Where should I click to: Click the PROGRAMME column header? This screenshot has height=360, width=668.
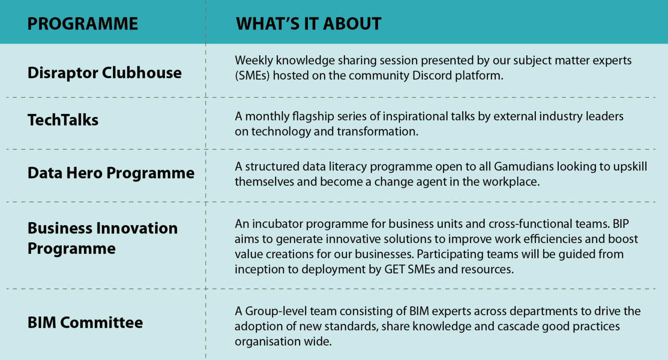coord(83,23)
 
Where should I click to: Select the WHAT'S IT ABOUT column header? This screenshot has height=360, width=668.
coord(308,23)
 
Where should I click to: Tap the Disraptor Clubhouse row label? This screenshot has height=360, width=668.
coord(104,73)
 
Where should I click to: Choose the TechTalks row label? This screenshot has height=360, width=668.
coord(63,120)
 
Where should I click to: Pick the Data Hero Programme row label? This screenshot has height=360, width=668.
coord(111,173)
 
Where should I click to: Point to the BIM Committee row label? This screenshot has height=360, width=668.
coord(85,323)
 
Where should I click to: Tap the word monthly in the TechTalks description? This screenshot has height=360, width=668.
coord(267,117)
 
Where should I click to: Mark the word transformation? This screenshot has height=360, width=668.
coord(377,132)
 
